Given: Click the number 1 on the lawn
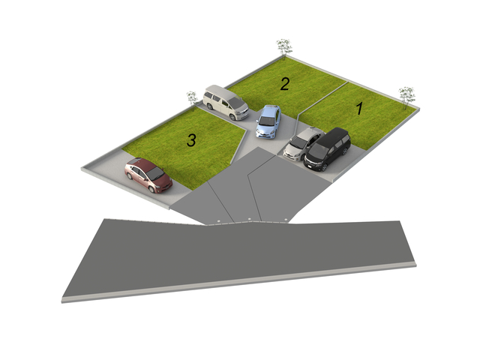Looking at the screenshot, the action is pos(359,108).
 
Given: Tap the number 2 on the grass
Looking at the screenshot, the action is pos(285,84).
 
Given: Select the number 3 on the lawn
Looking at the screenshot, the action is pos(191,140).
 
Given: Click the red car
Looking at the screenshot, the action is pos(148,175).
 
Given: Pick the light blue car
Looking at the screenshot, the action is pos(268,121).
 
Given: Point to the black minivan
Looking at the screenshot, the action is pos(327,149).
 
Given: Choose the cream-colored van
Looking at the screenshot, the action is pos(226,102).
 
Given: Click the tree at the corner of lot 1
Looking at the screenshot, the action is pos(406,97).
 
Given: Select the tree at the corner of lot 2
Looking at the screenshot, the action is pos(284,48).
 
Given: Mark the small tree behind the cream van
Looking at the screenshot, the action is pos(192,98).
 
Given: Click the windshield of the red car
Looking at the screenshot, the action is pos(156,174).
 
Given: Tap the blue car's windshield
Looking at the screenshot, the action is pos(267,121).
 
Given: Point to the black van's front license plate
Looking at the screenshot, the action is pos(310,166).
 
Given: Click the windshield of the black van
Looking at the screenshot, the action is pos(319,151).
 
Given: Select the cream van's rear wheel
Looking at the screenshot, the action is pos(210,106).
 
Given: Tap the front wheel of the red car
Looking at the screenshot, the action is pos(152,190).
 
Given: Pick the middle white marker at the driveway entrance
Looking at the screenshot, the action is pos(250,219).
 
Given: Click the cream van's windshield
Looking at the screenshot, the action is pos(235,102).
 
